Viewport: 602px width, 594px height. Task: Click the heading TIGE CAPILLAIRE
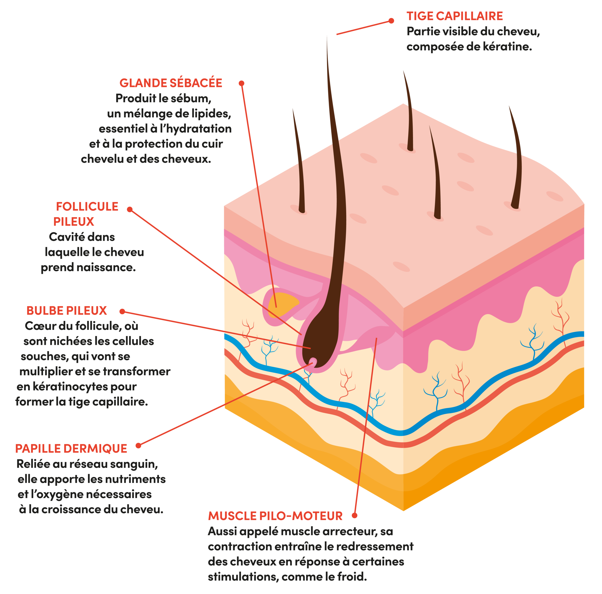[455, 16]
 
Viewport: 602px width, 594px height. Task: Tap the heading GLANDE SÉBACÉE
[171, 83]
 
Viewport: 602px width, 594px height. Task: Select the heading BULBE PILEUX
[67, 311]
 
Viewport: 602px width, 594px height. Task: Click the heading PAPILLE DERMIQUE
[71, 449]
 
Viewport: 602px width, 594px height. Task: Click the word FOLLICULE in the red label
[87, 206]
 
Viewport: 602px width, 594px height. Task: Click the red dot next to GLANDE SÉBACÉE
[242, 83]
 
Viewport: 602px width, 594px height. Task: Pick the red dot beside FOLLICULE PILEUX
[130, 209]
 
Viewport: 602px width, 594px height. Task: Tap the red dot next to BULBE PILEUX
[122, 311]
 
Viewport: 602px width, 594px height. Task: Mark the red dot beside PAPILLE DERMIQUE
[138, 445]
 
